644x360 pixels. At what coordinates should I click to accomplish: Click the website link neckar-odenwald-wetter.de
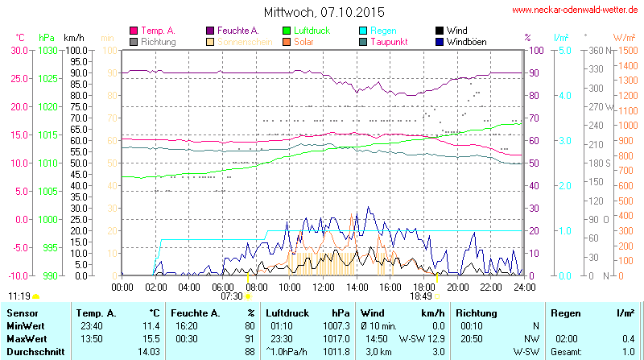coord(575,10)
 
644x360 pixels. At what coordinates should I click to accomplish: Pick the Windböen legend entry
coord(465,41)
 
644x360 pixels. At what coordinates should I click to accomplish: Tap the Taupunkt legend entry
coord(392,41)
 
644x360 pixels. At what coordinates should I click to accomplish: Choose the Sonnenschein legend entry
coord(240,41)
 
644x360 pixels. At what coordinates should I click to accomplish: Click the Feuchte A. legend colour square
coord(211,31)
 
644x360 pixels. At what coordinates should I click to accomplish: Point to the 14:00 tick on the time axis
coord(357,286)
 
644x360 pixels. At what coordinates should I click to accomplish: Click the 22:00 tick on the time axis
coord(491,286)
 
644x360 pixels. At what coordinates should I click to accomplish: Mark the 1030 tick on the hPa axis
coord(48,50)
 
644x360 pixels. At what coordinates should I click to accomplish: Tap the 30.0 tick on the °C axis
coord(18,50)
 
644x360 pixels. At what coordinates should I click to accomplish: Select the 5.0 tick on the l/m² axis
coord(565,50)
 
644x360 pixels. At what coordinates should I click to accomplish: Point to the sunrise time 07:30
coord(231,296)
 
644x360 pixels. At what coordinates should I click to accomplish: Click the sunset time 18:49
coord(420,296)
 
